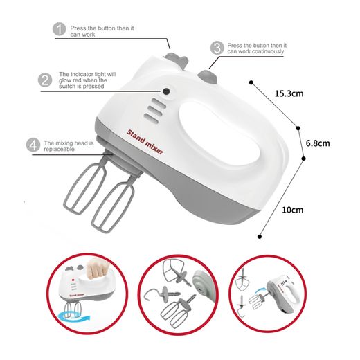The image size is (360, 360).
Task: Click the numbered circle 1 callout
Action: click(60, 29)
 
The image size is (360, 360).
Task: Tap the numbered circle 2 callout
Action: click(45, 80)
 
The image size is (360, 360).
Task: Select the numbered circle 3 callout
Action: click(217, 48)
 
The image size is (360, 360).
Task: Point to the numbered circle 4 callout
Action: click(33, 145)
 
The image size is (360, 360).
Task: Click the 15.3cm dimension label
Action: click(289, 93)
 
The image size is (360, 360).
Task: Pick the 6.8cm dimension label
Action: click(318, 143)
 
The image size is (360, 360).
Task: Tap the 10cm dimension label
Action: click(293, 210)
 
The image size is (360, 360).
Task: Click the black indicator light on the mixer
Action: click(166, 91)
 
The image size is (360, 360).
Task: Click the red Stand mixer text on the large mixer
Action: click(145, 142)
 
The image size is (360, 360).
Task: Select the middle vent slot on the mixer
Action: click(155, 111)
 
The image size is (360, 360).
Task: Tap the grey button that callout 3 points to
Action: click(208, 76)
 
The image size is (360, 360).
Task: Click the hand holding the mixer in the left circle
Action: click(98, 269)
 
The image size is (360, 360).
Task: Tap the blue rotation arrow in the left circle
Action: click(74, 316)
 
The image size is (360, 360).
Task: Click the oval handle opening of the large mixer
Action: click(219, 133)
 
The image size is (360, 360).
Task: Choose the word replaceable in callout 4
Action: click(59, 149)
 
